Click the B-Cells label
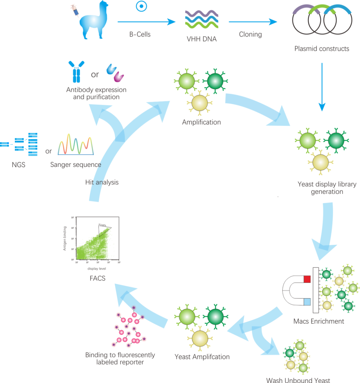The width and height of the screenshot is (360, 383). point(140,34)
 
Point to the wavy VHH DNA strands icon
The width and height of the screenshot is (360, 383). point(201,19)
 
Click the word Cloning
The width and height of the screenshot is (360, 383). point(250,34)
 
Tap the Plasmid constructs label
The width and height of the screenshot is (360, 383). point(322,49)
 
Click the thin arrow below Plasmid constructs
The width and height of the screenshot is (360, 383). point(322,87)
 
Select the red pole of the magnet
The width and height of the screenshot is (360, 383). point(307,278)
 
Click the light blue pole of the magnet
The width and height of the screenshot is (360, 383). point(307,302)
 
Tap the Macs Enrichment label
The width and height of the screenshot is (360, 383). point(319,321)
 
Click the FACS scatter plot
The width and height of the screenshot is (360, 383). point(97,239)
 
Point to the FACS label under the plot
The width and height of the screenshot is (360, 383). point(97,278)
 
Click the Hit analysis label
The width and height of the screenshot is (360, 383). point(102,182)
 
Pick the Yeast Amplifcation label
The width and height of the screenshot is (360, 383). point(202,357)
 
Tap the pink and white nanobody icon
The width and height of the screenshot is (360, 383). point(118,76)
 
